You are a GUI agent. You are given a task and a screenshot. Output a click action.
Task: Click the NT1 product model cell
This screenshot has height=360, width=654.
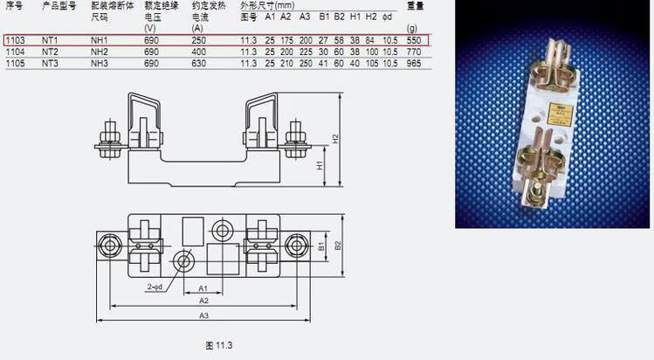click(50, 40)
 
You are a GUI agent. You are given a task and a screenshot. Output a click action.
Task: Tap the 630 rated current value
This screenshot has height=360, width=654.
click(199, 63)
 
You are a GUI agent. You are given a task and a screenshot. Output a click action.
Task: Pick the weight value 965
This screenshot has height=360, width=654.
click(414, 63)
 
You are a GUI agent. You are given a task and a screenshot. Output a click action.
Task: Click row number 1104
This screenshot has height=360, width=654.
click(14, 52)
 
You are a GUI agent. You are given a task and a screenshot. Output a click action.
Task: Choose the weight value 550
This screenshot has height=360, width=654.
click(414, 40)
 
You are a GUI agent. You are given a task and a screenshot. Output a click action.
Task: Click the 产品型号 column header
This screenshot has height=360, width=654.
click(59, 5)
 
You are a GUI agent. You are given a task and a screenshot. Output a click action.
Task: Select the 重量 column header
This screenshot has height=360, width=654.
click(416, 5)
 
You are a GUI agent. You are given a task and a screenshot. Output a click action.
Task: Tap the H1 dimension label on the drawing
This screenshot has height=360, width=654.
click(320, 165)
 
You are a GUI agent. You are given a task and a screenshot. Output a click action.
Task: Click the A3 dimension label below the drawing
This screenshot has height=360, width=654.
click(203, 315)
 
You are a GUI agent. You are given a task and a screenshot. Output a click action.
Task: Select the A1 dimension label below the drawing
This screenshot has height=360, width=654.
click(202, 287)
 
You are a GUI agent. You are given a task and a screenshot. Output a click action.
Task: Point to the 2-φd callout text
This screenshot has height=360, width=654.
click(155, 287)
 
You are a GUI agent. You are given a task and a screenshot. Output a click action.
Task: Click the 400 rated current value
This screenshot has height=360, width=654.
click(199, 52)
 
